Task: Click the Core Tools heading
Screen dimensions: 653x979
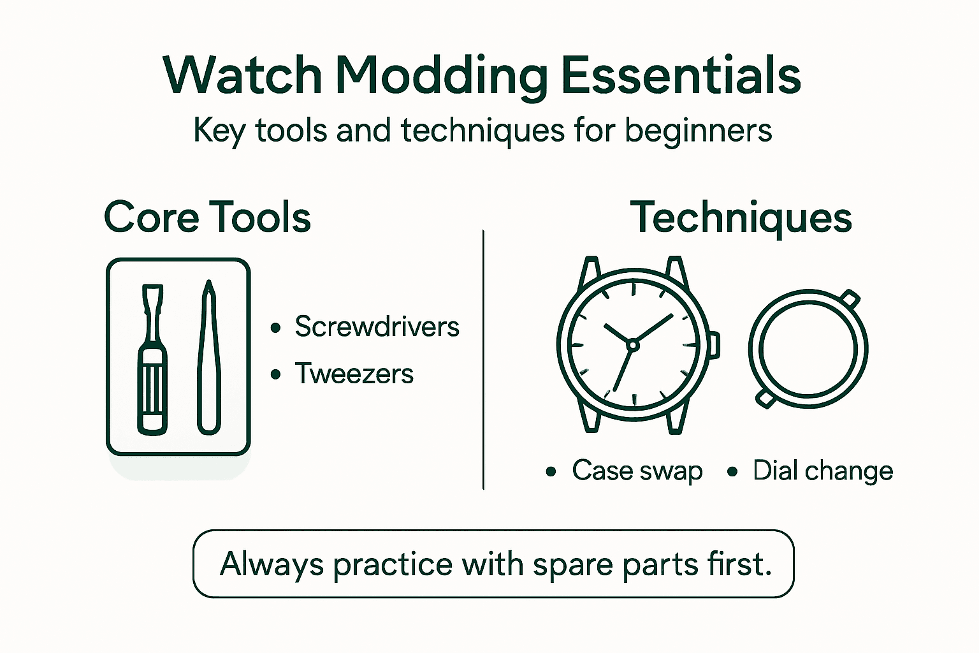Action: pos(207,217)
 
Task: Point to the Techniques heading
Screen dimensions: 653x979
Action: pos(741,217)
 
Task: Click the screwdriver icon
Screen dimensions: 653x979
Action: pos(152,360)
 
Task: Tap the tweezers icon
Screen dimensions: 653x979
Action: pos(208,357)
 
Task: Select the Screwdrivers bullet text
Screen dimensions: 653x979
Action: pos(377,326)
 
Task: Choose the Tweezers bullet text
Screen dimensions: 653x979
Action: pos(354,374)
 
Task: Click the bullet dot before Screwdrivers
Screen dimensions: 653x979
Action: pos(275,328)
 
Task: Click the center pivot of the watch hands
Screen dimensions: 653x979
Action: pos(632,346)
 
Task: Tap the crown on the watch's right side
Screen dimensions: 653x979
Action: pos(714,344)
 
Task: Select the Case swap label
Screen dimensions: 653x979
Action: pos(637,471)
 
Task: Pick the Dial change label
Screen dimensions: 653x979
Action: pos(822,471)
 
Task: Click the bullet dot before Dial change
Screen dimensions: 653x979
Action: pos(732,472)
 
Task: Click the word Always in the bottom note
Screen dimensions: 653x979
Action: pos(272,564)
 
